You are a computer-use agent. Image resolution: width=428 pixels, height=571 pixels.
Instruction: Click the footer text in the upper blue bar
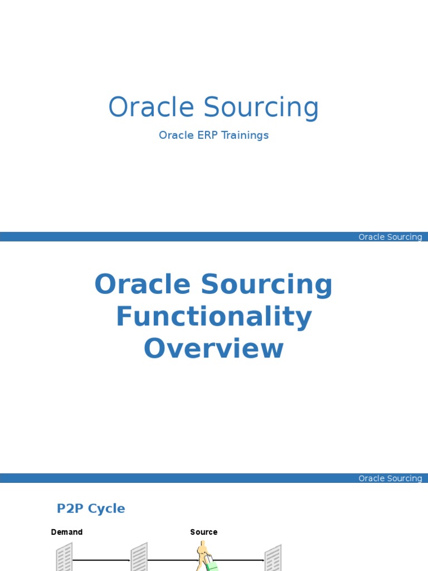point(390,237)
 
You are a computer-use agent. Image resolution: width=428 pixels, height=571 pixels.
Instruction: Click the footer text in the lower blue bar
point(390,478)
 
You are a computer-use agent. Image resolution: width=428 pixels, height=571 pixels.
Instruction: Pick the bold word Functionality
point(213,317)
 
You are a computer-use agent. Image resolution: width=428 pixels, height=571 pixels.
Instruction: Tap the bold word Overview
point(213,349)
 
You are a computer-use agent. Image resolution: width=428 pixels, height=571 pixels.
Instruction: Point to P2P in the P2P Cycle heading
point(69,509)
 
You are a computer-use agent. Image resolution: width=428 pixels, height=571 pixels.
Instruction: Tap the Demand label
point(67,532)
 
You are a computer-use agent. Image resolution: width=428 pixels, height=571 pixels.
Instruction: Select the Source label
point(203,532)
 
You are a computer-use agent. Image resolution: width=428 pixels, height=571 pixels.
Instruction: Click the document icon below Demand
point(64,558)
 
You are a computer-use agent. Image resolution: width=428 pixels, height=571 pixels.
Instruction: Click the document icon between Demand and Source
point(139,558)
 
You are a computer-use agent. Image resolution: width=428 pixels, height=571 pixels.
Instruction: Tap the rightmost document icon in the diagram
point(273,558)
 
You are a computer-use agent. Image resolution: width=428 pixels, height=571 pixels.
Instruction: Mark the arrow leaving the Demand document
point(101,560)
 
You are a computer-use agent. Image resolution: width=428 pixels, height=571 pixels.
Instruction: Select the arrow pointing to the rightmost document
point(240,560)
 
